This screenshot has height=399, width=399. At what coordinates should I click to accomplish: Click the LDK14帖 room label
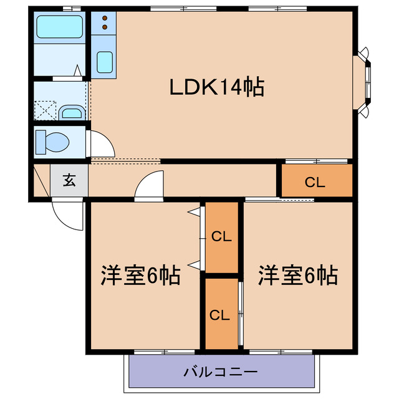pyautogui.click(x=218, y=87)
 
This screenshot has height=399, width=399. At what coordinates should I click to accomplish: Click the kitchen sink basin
pyautogui.click(x=105, y=63)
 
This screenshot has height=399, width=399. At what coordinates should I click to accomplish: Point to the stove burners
pyautogui.click(x=104, y=23)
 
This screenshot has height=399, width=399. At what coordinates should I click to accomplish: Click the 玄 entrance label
pyautogui.click(x=69, y=181)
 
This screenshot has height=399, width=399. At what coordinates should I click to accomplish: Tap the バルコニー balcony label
pyautogui.click(x=220, y=372)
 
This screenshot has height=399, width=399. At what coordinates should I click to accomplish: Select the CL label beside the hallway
pyautogui.click(x=315, y=182)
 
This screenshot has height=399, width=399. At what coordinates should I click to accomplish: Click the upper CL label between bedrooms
pyautogui.click(x=221, y=237)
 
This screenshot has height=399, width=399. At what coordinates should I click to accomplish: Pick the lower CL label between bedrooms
pyautogui.click(x=219, y=315)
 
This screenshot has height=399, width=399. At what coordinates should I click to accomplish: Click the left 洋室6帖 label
pyautogui.click(x=142, y=275)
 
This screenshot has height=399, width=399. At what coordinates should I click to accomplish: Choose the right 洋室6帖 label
pyautogui.click(x=299, y=275)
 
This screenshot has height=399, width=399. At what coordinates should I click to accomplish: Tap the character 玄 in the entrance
pyautogui.click(x=69, y=181)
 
